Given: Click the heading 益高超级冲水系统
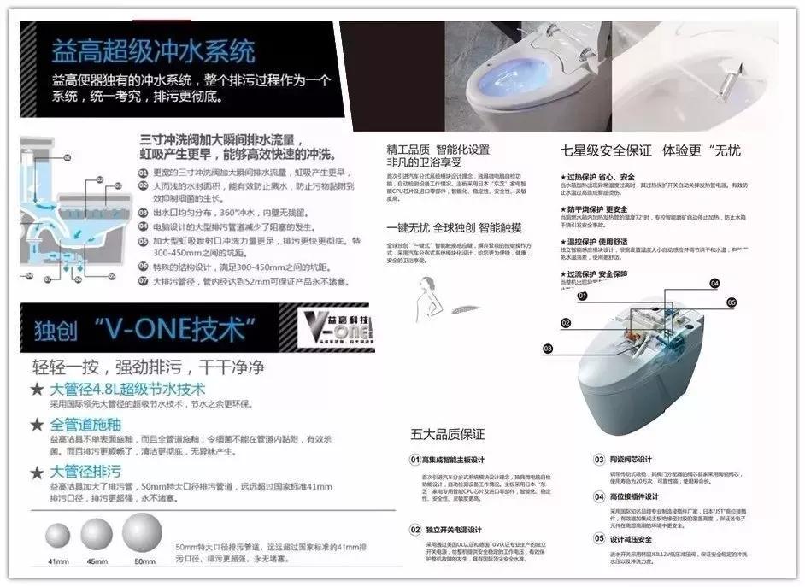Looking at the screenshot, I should tap(153, 50).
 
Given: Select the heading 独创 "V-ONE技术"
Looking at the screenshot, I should tap(145, 328).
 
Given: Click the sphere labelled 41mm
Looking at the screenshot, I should tap(58, 536).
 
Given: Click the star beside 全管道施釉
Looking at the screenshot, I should tap(38, 425).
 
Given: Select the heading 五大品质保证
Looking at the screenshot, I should tap(447, 434).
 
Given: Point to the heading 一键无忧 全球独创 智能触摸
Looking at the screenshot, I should tap(454, 228).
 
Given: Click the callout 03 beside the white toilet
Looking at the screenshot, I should tap(547, 348).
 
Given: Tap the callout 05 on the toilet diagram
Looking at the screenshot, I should tap(731, 302).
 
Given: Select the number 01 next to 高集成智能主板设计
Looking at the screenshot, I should tap(415, 460).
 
